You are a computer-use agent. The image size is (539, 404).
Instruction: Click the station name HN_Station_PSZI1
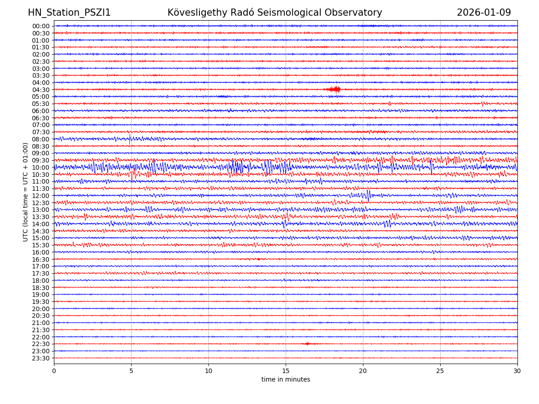click(x=69, y=13)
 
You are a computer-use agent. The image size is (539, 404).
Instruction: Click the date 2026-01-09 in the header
click(x=484, y=13)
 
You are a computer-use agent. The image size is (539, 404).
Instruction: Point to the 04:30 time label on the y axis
click(x=40, y=90)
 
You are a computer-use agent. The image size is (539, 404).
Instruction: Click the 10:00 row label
click(x=40, y=167)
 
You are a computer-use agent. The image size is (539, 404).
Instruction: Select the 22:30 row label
click(x=40, y=344)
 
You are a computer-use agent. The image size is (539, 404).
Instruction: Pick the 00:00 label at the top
click(x=40, y=26)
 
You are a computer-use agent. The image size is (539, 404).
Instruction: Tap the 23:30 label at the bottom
click(x=40, y=358)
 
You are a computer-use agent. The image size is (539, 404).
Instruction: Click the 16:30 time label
click(x=40, y=259)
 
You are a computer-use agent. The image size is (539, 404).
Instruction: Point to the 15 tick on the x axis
click(x=286, y=371)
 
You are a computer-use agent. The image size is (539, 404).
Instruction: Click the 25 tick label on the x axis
click(x=440, y=371)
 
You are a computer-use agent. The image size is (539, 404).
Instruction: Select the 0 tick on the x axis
click(x=54, y=371)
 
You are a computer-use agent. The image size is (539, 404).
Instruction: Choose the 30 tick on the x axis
click(x=517, y=371)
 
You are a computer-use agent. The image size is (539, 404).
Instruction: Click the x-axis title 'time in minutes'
click(x=286, y=380)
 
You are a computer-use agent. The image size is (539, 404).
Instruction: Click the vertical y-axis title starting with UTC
click(x=26, y=192)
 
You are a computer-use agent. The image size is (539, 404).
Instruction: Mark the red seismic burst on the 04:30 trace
click(x=334, y=89)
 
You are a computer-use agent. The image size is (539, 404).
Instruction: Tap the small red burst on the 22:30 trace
click(x=307, y=344)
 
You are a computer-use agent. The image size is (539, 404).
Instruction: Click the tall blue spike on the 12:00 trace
click(x=368, y=195)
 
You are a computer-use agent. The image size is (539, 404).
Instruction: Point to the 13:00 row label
click(x=40, y=210)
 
